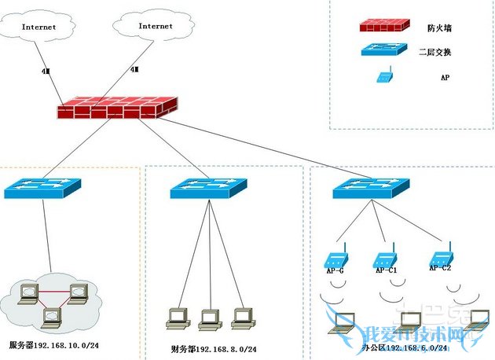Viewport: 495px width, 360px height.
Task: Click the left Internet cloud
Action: pyautogui.click(x=38, y=27)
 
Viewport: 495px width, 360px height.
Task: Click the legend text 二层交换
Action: pyautogui.click(x=439, y=53)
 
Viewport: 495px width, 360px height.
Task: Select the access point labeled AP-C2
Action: pyautogui.click(x=440, y=255)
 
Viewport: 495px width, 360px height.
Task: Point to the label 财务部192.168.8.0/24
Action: pyautogui.click(x=213, y=348)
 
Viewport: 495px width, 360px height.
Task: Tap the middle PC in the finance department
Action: pyautogui.click(x=210, y=318)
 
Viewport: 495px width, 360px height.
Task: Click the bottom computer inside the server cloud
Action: pyautogui.click(x=52, y=316)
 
